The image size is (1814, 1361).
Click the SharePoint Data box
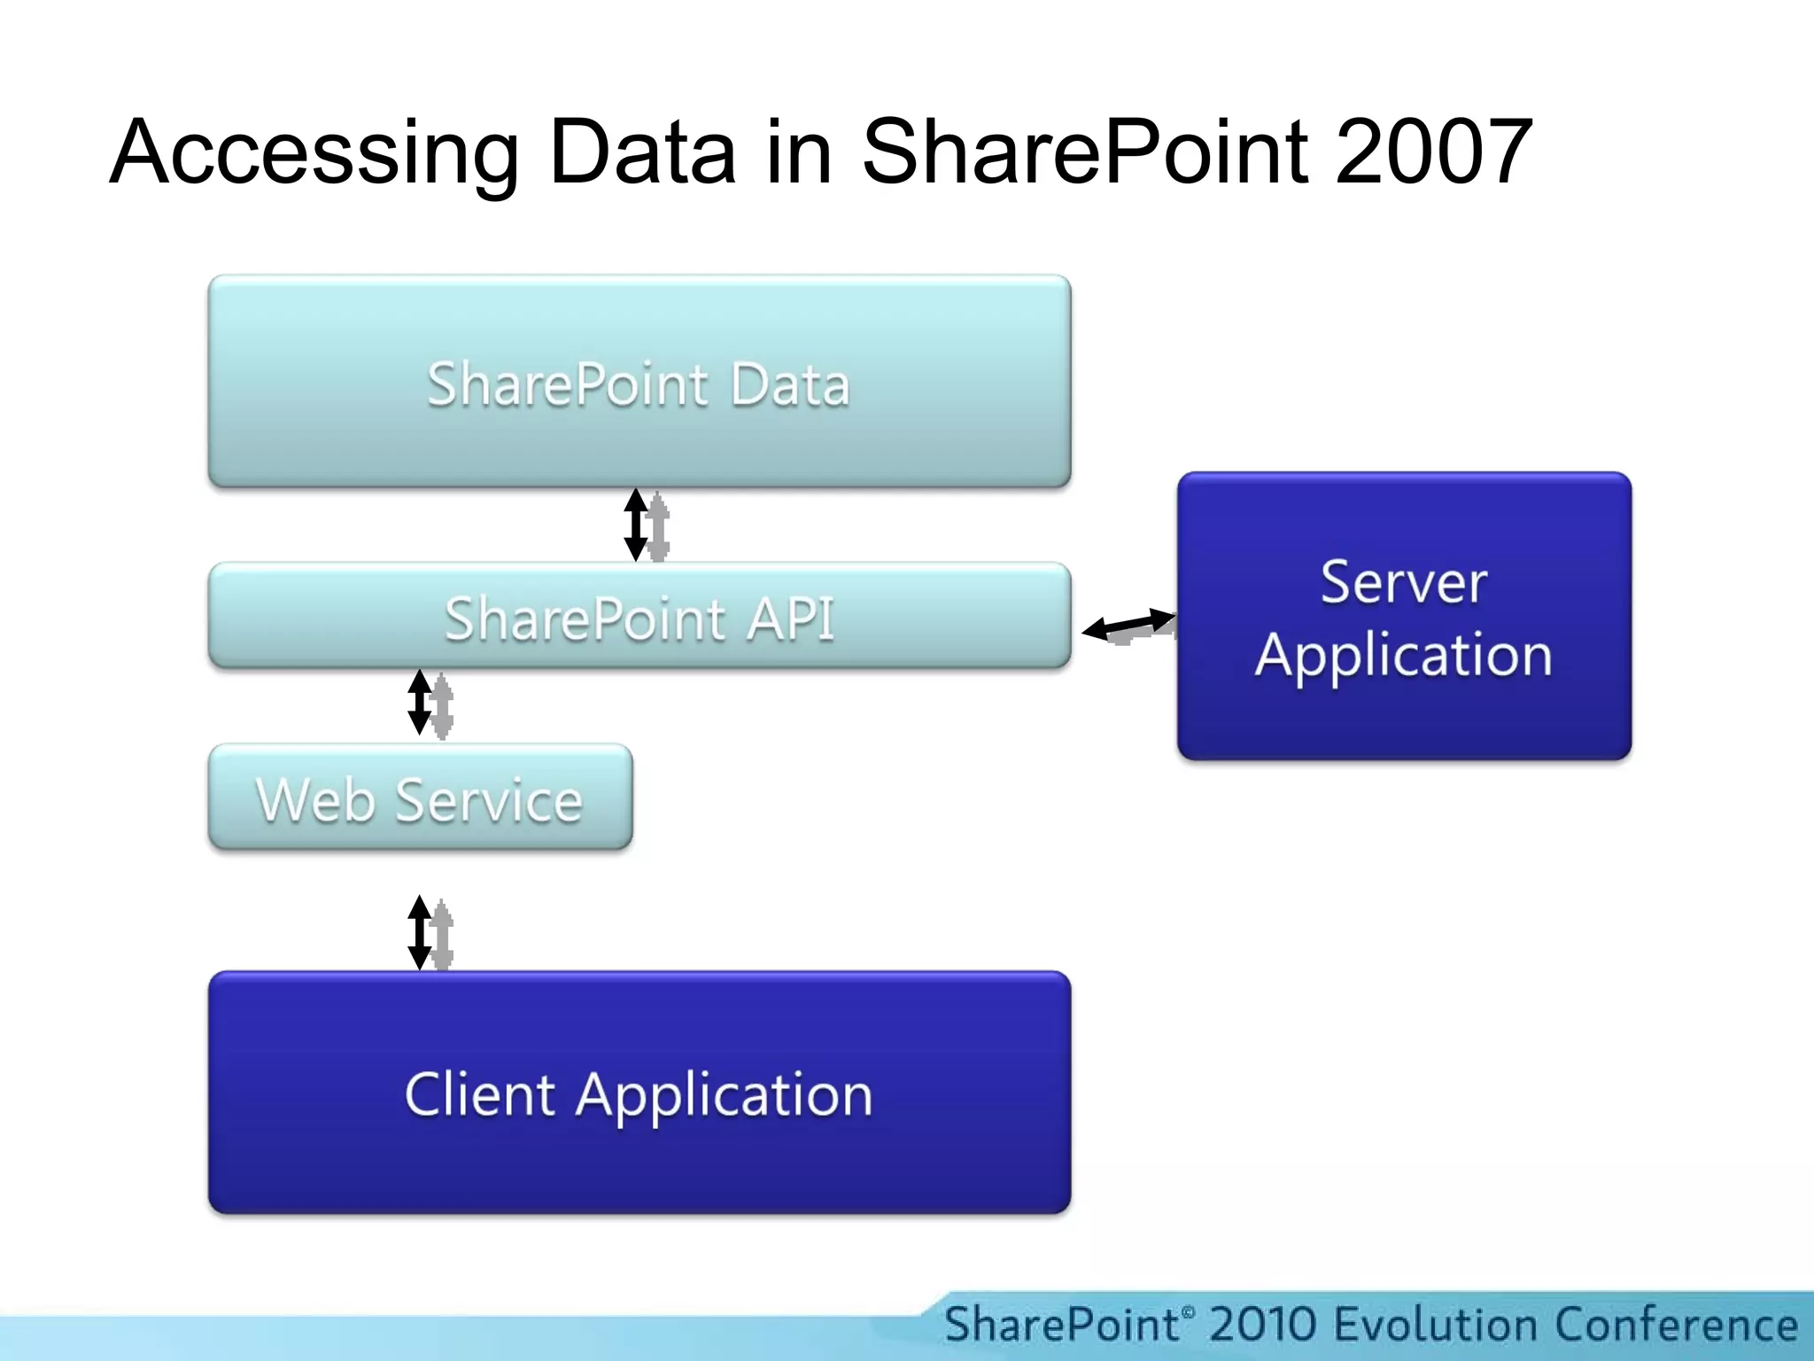pos(640,382)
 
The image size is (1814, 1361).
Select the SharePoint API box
pos(640,616)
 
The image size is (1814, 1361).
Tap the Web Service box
pos(420,797)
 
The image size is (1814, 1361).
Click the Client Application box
pos(640,1093)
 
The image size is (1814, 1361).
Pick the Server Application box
pos(1404,617)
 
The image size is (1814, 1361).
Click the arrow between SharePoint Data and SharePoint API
pos(636,525)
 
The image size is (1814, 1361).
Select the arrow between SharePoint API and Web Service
pos(420,703)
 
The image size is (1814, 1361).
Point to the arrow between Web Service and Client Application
pos(420,932)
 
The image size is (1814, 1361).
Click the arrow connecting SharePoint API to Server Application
pos(1128,625)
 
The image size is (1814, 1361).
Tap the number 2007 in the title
pos(1433,152)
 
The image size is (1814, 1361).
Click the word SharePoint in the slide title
pos(1086,152)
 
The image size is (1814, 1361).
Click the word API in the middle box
pos(790,618)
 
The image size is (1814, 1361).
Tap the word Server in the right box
pos(1404,582)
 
